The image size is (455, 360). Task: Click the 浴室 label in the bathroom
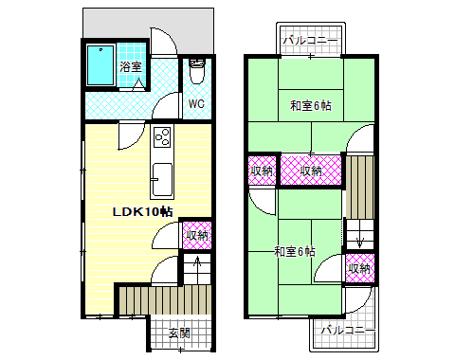131,67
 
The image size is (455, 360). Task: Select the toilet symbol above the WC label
197,70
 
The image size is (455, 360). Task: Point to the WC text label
197,103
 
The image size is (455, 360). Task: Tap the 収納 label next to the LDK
197,235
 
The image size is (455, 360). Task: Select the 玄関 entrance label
178,333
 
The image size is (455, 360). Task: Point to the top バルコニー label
310,41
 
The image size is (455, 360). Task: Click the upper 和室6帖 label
310,106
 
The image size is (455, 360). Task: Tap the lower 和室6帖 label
295,251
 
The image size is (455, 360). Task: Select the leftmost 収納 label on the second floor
262,171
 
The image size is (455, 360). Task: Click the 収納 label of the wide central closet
310,171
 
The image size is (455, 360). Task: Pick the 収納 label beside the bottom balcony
359,269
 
